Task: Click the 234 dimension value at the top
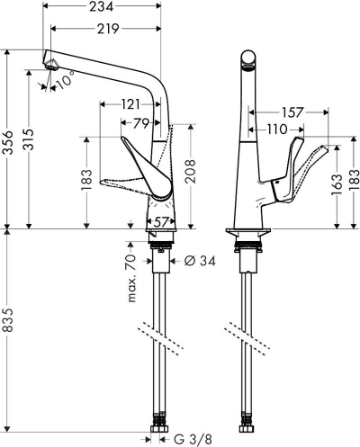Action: pyautogui.click(x=102, y=6)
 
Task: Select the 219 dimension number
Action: pyautogui.click(x=108, y=29)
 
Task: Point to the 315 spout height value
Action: pyautogui.click(x=30, y=139)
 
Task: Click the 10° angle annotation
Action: pyautogui.click(x=66, y=80)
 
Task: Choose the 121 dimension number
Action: pyautogui.click(x=130, y=104)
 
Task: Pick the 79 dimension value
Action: pyautogui.click(x=141, y=123)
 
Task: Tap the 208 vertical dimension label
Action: pyautogui.click(x=190, y=172)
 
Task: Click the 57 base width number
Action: pyautogui.click(x=161, y=222)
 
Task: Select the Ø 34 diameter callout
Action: pyautogui.click(x=200, y=261)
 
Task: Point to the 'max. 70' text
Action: pyautogui.click(x=131, y=278)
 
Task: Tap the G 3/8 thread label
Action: pyautogui.click(x=193, y=440)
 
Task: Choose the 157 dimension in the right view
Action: pyautogui.click(x=292, y=112)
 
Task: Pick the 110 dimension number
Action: pyautogui.click(x=277, y=130)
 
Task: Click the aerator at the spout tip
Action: pyautogui.click(x=51, y=65)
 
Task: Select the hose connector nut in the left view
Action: pyautogui.click(x=157, y=428)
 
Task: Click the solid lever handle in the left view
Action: pyautogui.click(x=148, y=169)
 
